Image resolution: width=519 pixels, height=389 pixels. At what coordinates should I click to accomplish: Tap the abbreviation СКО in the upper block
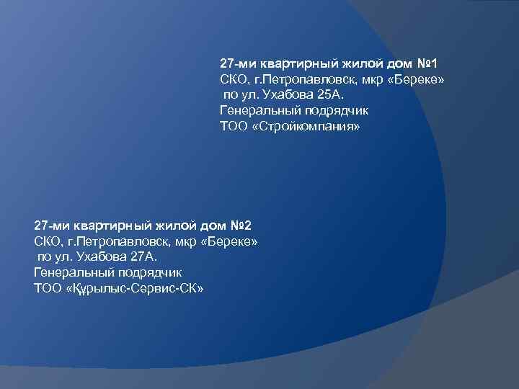[233, 79]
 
